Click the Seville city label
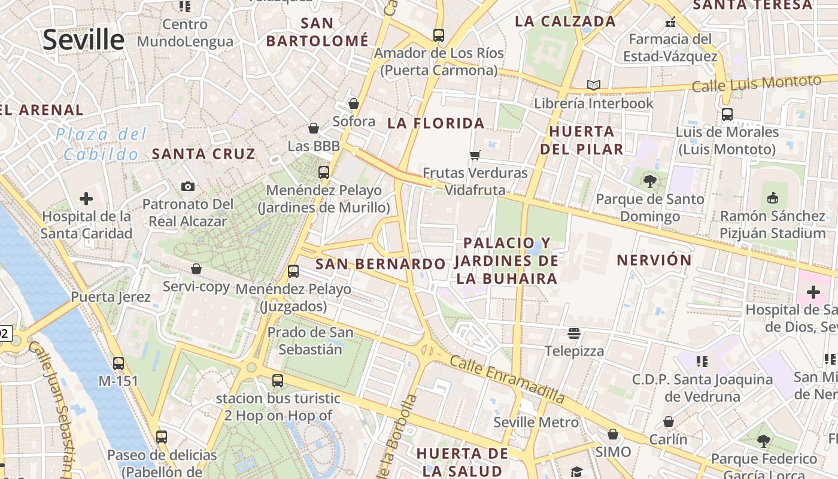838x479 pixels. pyautogui.click(x=83, y=40)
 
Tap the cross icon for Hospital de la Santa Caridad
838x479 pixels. pyautogui.click(x=86, y=198)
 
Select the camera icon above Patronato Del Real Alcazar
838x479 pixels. pyautogui.click(x=188, y=186)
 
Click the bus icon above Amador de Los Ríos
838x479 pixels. pyautogui.click(x=439, y=35)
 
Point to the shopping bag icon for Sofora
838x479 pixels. pyautogui.click(x=354, y=104)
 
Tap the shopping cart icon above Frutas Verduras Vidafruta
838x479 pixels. pyautogui.click(x=475, y=156)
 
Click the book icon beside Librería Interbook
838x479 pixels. pyautogui.click(x=594, y=86)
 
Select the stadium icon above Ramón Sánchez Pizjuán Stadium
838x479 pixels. pyautogui.click(x=773, y=198)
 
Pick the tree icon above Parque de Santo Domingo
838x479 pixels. pyautogui.click(x=649, y=181)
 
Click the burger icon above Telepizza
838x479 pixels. pyautogui.click(x=574, y=333)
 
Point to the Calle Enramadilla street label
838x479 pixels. pyautogui.click(x=507, y=379)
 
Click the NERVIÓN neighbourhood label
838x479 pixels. pyautogui.click(x=654, y=260)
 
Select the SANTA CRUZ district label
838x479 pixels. pyautogui.click(x=204, y=154)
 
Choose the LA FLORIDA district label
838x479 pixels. pyautogui.click(x=436, y=123)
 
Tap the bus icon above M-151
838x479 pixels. pyautogui.click(x=119, y=363)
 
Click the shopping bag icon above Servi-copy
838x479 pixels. pyautogui.click(x=196, y=269)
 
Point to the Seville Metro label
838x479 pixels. pyautogui.click(x=536, y=422)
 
